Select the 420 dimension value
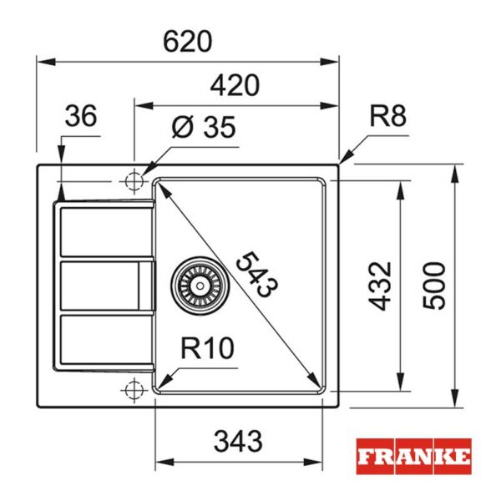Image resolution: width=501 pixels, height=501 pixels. (235, 85)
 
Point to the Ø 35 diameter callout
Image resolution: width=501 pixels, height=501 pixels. (204, 128)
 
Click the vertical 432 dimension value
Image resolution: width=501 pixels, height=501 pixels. (381, 286)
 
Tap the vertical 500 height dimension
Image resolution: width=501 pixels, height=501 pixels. (433, 286)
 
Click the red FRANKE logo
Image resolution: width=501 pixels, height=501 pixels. (413, 457)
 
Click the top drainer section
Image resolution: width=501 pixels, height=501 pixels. (104, 230)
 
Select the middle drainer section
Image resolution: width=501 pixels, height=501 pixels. (104, 285)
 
